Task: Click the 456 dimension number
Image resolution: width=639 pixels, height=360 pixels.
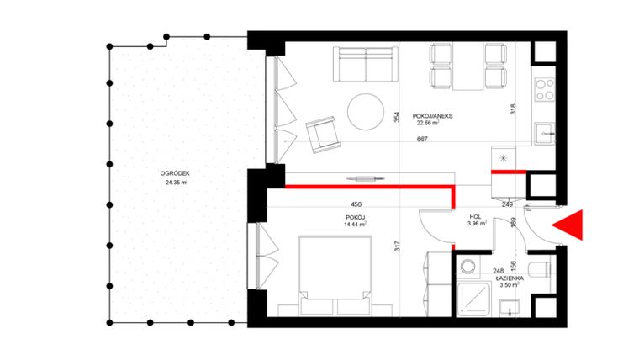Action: pos(356,204)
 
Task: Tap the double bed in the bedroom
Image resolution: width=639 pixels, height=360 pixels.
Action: pos(335,275)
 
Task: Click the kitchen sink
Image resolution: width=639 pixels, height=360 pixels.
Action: pos(547,132)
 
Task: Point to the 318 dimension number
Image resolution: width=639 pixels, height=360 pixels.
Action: pos(511,109)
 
